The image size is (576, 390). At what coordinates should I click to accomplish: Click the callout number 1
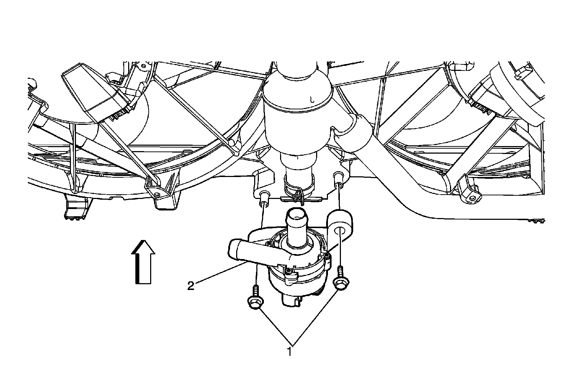coord(289,351)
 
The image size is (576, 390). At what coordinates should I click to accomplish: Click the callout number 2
coord(191,286)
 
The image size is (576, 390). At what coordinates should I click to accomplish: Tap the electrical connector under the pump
coord(291,300)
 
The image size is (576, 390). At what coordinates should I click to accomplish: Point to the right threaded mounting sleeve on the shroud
coord(339,177)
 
